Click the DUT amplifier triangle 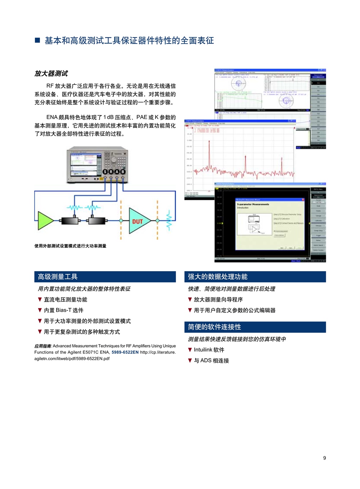pyautogui.click(x=138, y=221)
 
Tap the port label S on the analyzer pyautogui.click(x=105, y=172)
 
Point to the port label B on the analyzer pyautogui.click(x=123, y=172)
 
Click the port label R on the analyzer pyautogui.click(x=111, y=172)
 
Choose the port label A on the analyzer pyautogui.click(x=117, y=172)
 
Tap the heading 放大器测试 pyautogui.click(x=51, y=74)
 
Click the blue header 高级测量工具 pyautogui.click(x=58, y=277)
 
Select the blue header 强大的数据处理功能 pyautogui.click(x=217, y=277)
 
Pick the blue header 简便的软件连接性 pyautogui.click(x=214, y=327)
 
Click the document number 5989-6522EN pyautogui.click(x=125, y=352)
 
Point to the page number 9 pyautogui.click(x=324, y=458)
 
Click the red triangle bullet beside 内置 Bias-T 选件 pyautogui.click(x=40, y=310)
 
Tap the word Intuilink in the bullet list pyautogui.click(x=203, y=350)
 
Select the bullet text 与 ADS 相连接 pyautogui.click(x=211, y=360)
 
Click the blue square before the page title pyautogui.click(x=37, y=40)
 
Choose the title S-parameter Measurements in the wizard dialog pyautogui.click(x=253, y=204)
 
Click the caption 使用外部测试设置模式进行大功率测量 pyautogui.click(x=70, y=246)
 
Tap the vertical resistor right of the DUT pyautogui.click(x=168, y=220)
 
